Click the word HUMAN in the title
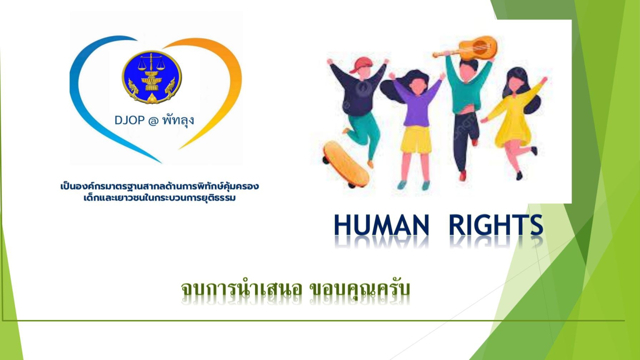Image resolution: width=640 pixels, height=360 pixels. click(381, 225)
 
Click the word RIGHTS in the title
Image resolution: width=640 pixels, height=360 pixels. click(496, 225)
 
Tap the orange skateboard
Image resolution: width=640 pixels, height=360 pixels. click(346, 164)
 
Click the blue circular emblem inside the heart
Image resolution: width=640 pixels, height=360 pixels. click(151, 77)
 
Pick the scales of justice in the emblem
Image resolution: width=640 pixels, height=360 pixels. click(151, 63)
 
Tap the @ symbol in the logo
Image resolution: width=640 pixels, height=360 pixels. click(153, 121)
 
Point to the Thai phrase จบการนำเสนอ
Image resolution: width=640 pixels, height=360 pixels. click(241, 288)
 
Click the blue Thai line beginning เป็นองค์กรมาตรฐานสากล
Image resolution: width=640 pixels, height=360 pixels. click(159, 186)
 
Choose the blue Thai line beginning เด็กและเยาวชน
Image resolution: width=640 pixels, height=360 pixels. click(159, 197)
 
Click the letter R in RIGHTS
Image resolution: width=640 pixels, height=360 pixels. click(457, 225)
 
